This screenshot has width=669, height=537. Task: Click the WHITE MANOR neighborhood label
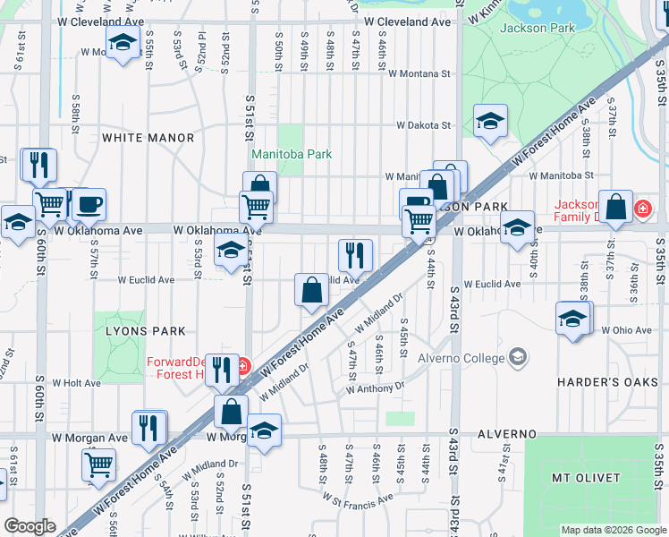point(148,138)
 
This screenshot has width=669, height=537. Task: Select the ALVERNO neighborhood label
point(506,434)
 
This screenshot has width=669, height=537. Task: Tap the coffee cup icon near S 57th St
point(89,202)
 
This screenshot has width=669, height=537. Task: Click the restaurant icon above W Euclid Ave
point(355,254)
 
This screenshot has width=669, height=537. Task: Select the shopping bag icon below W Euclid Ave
point(311,289)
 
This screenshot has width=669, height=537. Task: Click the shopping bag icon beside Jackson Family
point(616,207)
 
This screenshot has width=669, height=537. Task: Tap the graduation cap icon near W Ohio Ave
point(572,317)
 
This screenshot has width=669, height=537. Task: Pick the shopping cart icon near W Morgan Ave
point(98,463)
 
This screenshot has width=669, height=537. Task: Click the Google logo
point(30,526)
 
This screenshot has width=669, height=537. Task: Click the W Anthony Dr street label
point(376,388)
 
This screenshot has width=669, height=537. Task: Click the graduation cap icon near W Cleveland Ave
point(123,41)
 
